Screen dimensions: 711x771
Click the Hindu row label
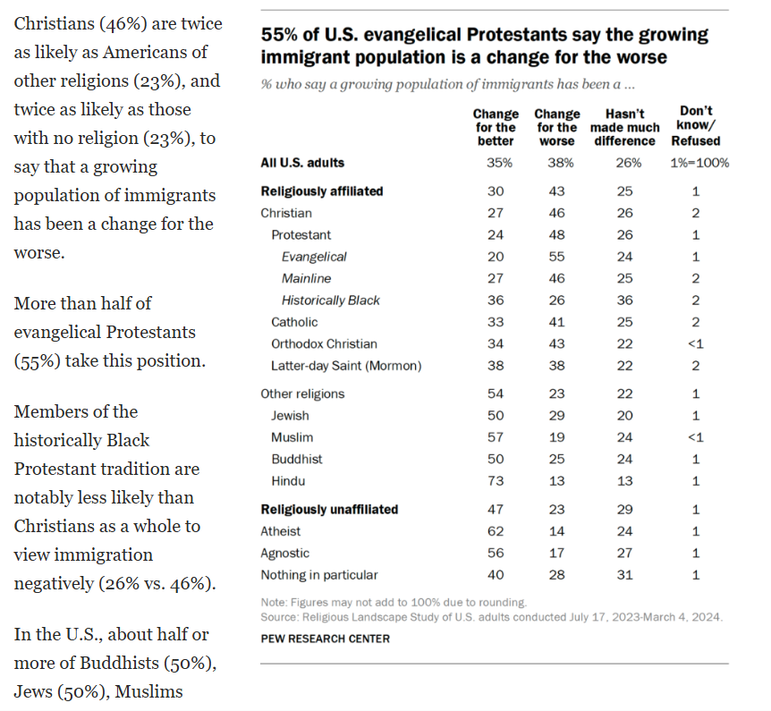288,481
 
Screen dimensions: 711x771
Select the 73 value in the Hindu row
496,481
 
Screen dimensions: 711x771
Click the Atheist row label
282,531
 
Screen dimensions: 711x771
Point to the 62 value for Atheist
496,531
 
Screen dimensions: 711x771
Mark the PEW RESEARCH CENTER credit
325,639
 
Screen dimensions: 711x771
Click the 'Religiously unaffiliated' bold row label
329,510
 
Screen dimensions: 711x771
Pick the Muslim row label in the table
292,437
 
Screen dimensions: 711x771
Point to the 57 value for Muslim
496,437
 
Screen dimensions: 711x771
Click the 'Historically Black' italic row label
330,300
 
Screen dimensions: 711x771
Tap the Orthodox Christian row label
324,343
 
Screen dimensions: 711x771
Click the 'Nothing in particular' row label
318,575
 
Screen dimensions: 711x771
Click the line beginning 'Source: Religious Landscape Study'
491,617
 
